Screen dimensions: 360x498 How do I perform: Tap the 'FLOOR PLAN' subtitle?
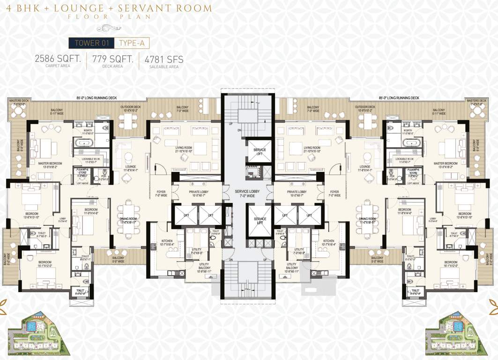point(109,17)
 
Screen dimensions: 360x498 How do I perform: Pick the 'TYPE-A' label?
point(132,43)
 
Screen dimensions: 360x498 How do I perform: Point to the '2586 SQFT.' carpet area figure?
point(58,60)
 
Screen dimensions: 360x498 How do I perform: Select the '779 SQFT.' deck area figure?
point(112,60)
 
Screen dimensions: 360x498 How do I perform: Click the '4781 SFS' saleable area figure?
point(164,60)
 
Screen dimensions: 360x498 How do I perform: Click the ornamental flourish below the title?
point(109,28)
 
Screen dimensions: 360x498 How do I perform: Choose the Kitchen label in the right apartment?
point(329,242)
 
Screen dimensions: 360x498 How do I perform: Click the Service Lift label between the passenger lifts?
point(260,221)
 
